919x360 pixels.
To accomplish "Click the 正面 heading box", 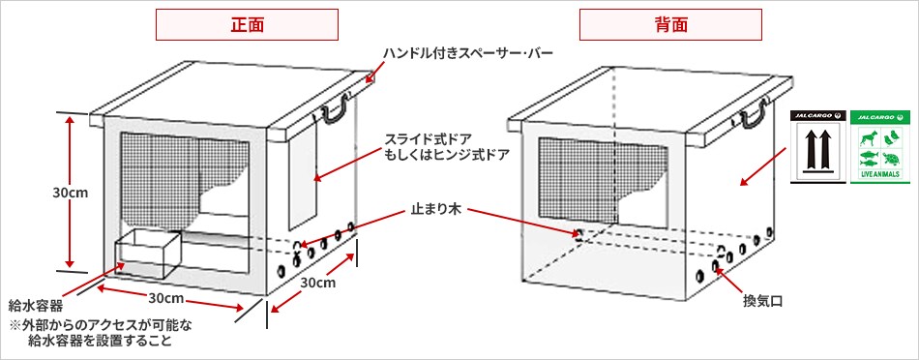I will [249, 24].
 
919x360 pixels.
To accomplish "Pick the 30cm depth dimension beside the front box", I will [317, 283].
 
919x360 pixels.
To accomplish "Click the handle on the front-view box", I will [336, 109].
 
